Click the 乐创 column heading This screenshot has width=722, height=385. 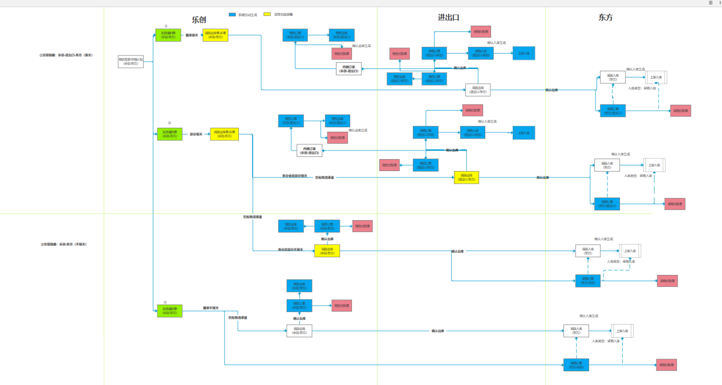click(x=199, y=19)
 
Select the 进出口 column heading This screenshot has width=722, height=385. click(x=449, y=18)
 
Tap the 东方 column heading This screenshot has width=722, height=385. click(x=606, y=18)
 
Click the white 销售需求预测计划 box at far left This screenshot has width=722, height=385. click(x=131, y=62)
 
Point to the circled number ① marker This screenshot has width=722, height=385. click(x=166, y=26)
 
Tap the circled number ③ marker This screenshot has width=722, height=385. click(x=165, y=302)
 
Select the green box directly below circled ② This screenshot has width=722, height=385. click(x=170, y=134)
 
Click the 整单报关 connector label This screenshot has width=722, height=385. click(x=192, y=35)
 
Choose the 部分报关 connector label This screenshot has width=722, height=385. click(x=197, y=134)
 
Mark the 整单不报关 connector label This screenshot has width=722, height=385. click(x=211, y=308)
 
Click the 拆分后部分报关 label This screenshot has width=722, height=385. click(x=294, y=176)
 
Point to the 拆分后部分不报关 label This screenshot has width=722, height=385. click(x=290, y=249)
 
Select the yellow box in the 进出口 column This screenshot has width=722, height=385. click(x=467, y=177)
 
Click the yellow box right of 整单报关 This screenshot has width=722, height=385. click(x=215, y=35)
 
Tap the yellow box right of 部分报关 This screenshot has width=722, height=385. click(x=223, y=134)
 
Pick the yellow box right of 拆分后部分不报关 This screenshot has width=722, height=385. click(x=327, y=250)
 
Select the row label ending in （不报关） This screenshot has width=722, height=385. click(x=64, y=244)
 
